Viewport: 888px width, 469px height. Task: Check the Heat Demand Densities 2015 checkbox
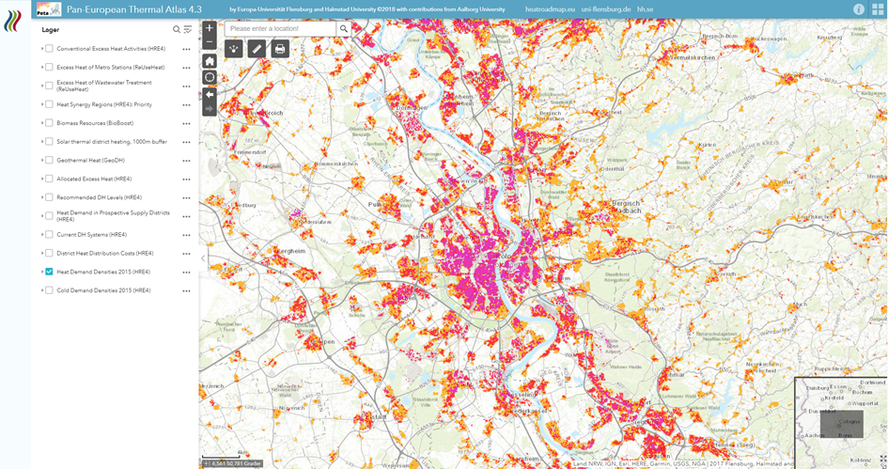click(49, 272)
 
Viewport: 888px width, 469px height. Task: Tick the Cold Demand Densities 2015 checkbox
click(49, 290)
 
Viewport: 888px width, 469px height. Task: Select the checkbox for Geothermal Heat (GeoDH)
click(49, 160)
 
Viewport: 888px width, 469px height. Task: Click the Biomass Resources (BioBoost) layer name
click(94, 123)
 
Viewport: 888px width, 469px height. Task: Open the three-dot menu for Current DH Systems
click(186, 235)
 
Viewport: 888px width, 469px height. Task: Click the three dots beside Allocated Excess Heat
click(186, 180)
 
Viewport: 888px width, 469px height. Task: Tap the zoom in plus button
click(210, 28)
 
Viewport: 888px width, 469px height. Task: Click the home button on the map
click(210, 61)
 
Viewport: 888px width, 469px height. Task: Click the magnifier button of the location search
click(344, 29)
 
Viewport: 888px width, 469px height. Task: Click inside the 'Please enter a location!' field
click(280, 29)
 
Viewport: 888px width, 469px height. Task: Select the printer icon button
click(280, 49)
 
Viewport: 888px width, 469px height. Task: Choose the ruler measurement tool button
click(257, 49)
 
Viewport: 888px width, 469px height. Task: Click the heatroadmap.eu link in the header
click(550, 9)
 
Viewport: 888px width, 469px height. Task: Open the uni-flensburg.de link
click(606, 9)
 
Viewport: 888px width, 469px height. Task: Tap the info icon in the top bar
click(859, 9)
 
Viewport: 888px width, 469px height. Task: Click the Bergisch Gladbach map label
click(625, 207)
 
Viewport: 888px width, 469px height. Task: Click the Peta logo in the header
click(49, 9)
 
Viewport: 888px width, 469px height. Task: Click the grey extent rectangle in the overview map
click(841, 424)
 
